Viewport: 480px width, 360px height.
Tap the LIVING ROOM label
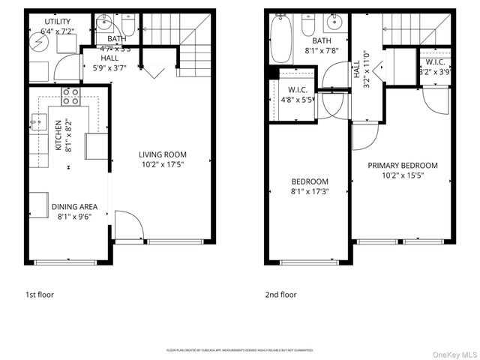[x=162, y=155]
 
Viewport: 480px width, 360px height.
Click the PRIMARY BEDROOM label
[x=402, y=165]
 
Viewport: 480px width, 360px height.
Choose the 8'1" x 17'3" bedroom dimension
[x=310, y=191]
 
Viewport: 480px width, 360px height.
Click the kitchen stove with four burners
[x=70, y=95]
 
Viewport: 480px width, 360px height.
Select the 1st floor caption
[x=40, y=295]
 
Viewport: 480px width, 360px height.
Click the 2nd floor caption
[x=281, y=295]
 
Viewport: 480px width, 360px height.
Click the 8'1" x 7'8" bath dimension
[x=322, y=51]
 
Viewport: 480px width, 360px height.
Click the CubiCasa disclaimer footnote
[x=239, y=350]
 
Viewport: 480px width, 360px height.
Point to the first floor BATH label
[x=116, y=38]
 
